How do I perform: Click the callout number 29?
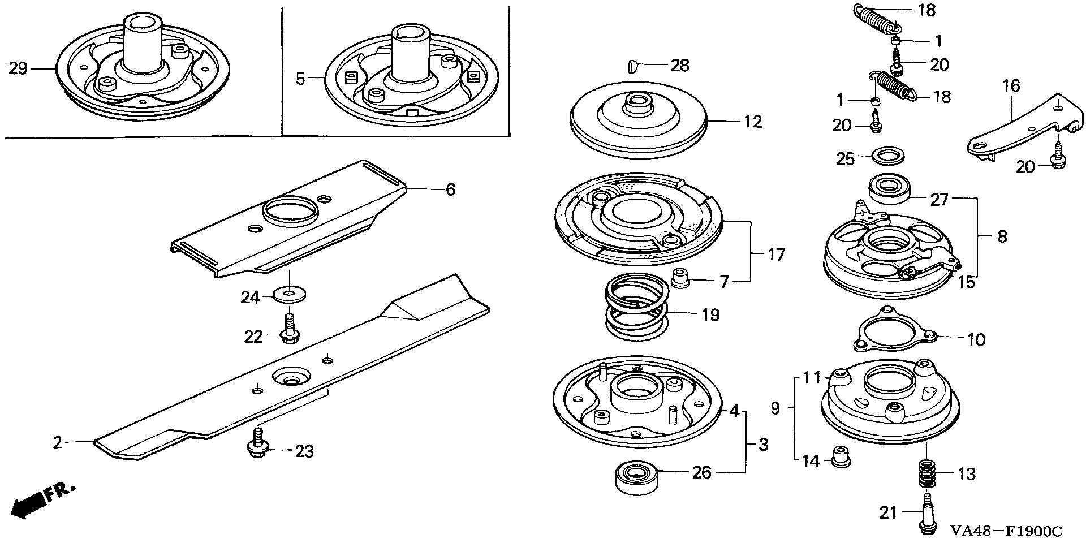click(x=18, y=69)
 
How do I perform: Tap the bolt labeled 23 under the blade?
click(x=257, y=443)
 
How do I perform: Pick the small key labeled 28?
click(x=634, y=67)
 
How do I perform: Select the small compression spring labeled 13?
click(x=926, y=474)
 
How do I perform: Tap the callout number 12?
click(x=753, y=122)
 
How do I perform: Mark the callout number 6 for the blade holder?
click(x=450, y=189)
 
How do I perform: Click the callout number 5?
click(x=300, y=79)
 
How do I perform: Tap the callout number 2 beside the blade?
click(x=57, y=442)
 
